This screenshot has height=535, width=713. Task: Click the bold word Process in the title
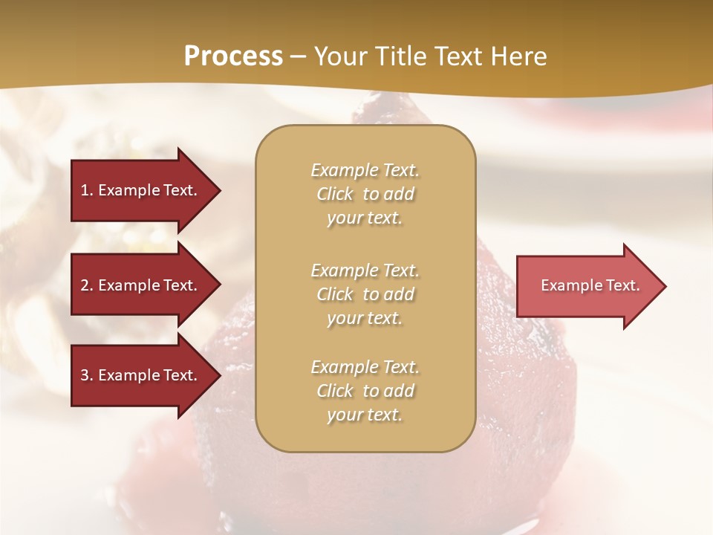tap(233, 56)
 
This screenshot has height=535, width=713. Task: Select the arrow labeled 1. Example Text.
tap(141, 190)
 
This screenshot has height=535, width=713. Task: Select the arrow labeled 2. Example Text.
tap(141, 285)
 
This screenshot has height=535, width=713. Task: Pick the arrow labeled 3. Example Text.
tap(141, 375)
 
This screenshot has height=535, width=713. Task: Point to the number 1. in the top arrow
tap(87, 190)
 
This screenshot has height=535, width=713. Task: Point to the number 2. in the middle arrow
tap(87, 285)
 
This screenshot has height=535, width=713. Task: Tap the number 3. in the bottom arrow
tap(87, 375)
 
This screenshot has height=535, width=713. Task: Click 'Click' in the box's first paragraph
tap(335, 194)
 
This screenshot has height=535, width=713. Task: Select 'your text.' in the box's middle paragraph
tap(365, 318)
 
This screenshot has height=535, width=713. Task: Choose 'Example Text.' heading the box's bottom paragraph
tap(365, 367)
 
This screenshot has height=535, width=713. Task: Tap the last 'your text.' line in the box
tap(365, 415)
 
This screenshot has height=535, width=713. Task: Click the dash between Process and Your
tap(299, 56)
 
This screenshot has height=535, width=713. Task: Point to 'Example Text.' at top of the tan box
tap(365, 170)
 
